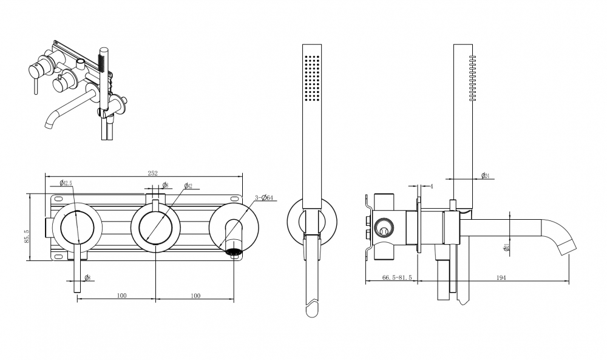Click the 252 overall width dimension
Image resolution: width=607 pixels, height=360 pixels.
152,173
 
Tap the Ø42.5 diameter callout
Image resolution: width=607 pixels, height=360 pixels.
66,183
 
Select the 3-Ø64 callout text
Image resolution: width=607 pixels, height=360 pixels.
265,197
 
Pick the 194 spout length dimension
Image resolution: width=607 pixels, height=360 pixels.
501,277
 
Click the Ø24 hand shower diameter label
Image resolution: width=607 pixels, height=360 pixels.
485,175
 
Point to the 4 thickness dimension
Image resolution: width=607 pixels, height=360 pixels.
431,186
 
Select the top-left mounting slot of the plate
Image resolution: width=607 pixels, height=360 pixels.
58,198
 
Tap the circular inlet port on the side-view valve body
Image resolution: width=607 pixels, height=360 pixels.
383,229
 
